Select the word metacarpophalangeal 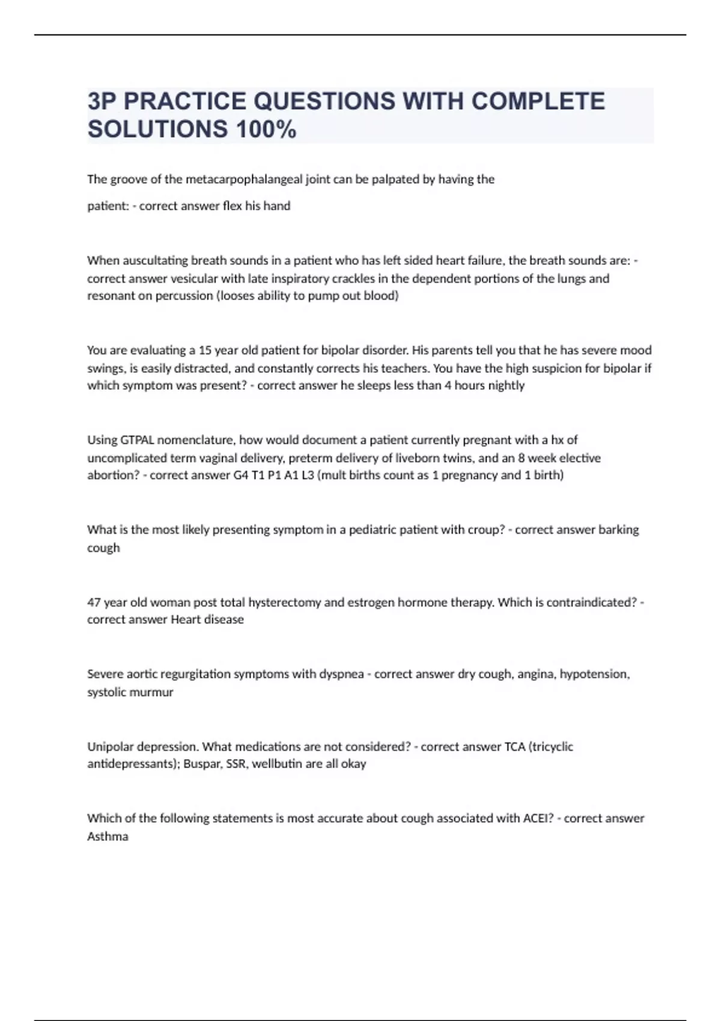tap(244, 179)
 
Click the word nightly tap(507, 386)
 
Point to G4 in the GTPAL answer tap(240, 476)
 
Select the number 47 tap(94, 602)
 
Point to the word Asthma tap(108, 837)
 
